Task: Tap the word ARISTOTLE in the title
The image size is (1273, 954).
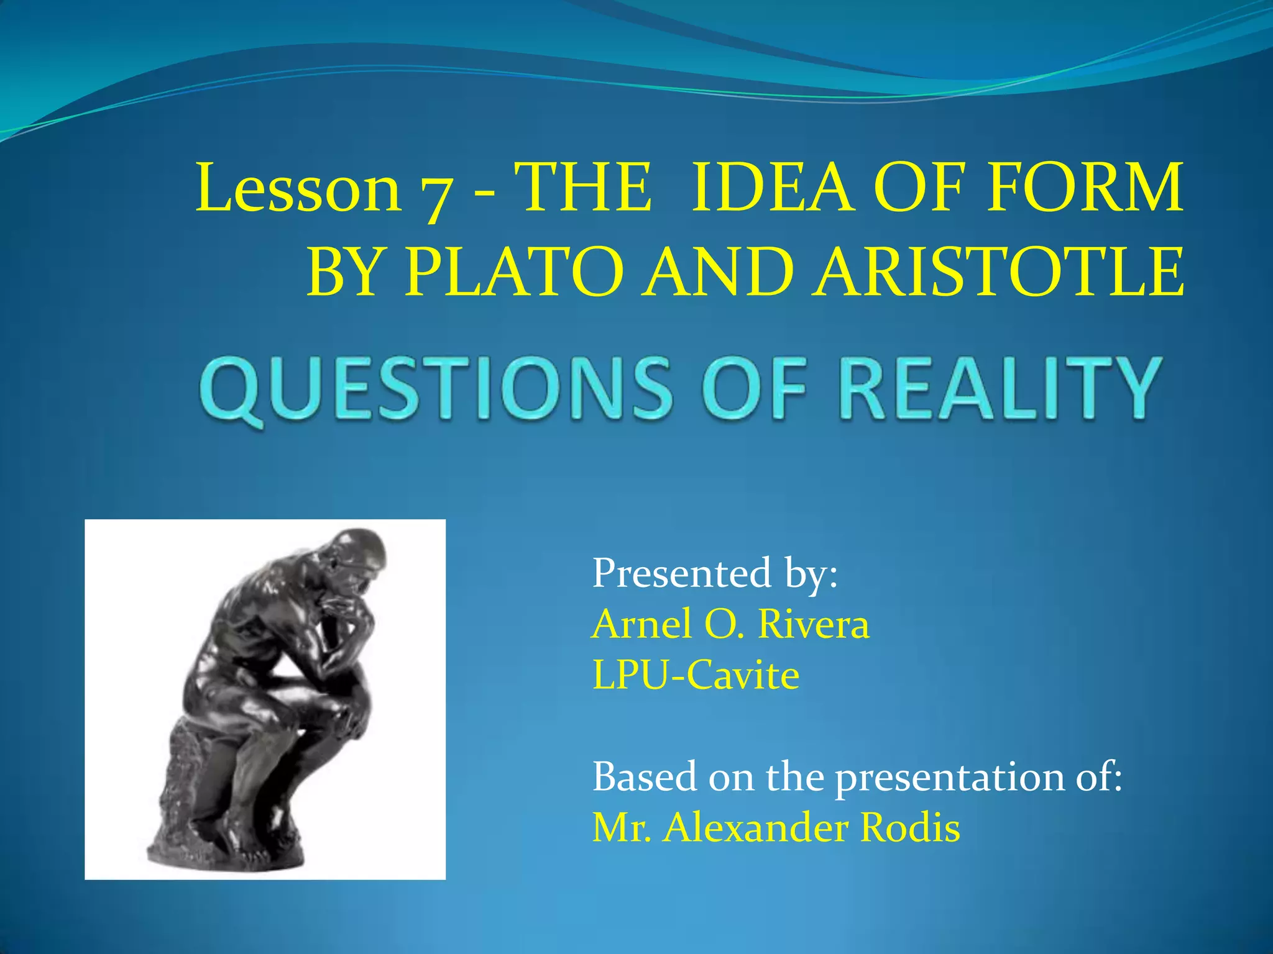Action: click(999, 272)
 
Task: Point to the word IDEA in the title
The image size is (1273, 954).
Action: click(770, 187)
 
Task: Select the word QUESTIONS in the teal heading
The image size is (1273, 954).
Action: click(435, 388)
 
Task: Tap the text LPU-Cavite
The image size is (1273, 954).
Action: click(696, 675)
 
